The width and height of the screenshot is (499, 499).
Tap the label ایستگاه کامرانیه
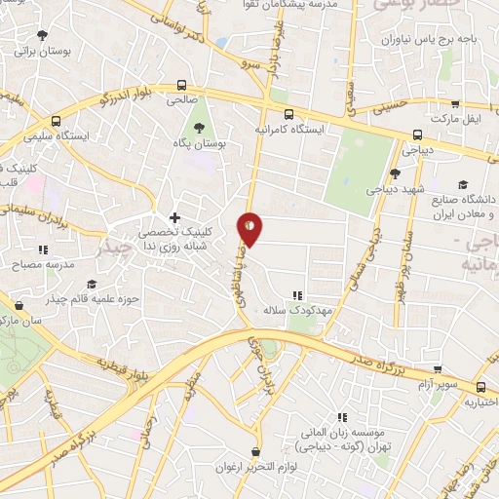288,128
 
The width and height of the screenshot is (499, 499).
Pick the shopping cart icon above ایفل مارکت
455,102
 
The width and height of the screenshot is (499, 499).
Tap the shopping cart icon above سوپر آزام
439,369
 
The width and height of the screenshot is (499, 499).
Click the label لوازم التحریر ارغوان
256,466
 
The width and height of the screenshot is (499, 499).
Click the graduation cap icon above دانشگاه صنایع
462,185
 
